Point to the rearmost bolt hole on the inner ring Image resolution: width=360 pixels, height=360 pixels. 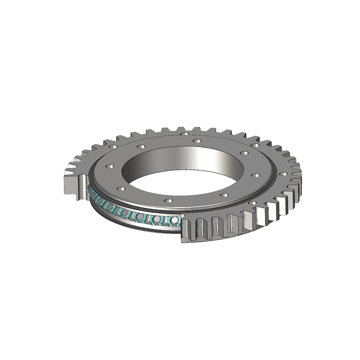196,141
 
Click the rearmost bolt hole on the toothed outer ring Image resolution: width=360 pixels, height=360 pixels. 185,134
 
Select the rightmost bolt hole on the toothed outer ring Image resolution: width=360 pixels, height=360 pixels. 284,173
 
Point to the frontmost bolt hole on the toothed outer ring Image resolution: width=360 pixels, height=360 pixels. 252,203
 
